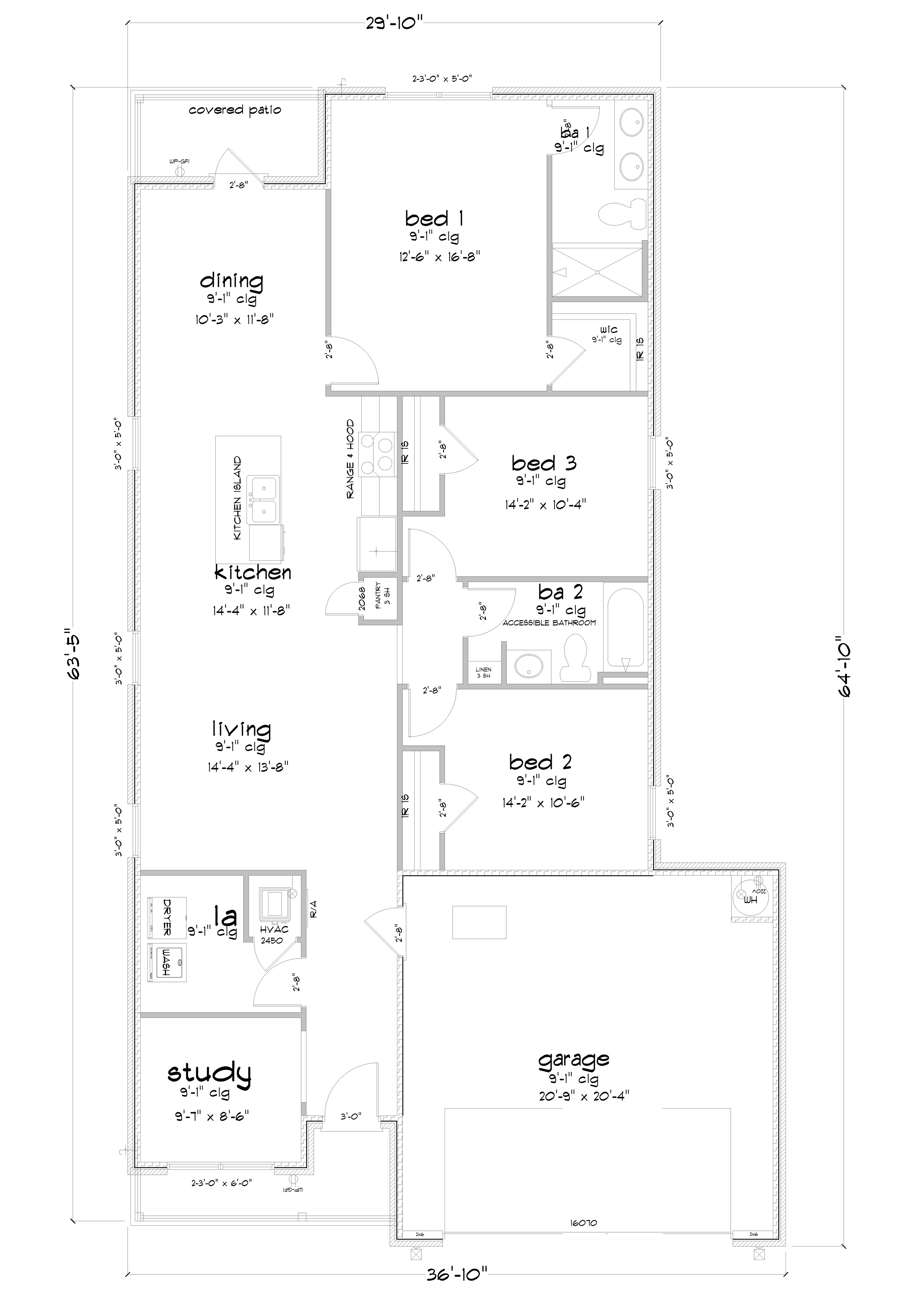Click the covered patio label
[235, 110]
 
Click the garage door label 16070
[584, 1223]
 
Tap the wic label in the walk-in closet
[608, 330]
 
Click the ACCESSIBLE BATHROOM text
[549, 623]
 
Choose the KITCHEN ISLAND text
[237, 498]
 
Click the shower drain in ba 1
[597, 273]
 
